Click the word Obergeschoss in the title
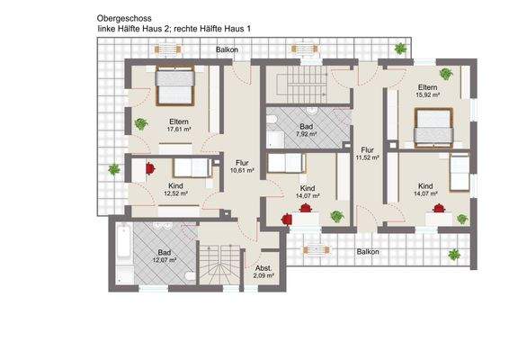(x=121, y=17)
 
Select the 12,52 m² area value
(x=177, y=193)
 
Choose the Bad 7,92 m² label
(x=307, y=133)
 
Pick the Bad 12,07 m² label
(x=164, y=258)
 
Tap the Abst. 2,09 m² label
(x=263, y=273)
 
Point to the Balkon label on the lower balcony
(x=365, y=252)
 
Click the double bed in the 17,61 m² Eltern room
(x=174, y=86)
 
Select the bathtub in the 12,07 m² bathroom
(x=123, y=254)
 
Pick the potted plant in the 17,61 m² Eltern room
(x=139, y=123)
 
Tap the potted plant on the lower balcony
(x=454, y=255)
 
